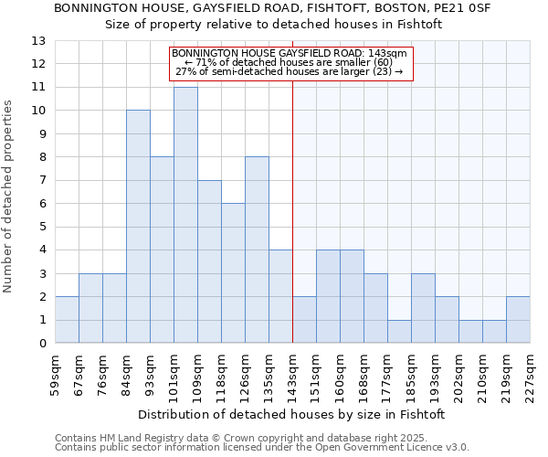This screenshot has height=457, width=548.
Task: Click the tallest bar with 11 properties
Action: pos(185,215)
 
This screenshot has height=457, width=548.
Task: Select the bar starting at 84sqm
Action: pos(138,227)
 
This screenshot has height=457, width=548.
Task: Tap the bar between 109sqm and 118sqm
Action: pos(209,261)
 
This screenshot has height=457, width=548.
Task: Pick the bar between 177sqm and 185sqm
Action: pos(399,332)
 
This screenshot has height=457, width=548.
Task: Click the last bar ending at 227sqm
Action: pos(518,320)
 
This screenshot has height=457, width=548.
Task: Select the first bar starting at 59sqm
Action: pos(67,320)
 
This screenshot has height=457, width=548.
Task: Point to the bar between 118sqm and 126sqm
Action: pos(233,273)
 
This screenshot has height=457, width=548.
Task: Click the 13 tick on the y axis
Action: pos(38,41)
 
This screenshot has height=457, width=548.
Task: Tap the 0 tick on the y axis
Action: pos(42,344)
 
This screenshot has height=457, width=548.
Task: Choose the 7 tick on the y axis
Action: pos(42,180)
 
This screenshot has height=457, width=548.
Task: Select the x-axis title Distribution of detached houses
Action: pos(292,414)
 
